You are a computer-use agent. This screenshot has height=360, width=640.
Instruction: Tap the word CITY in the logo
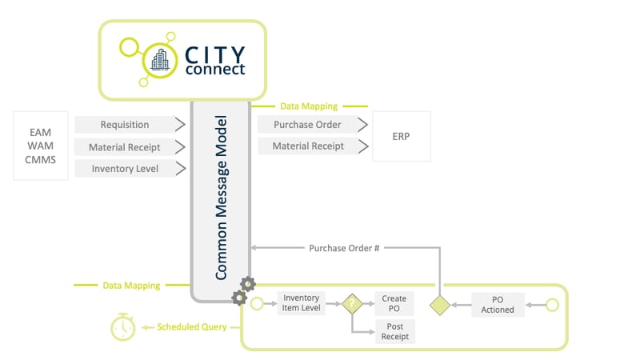click(x=214, y=54)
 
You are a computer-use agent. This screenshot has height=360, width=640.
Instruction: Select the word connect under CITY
click(x=214, y=70)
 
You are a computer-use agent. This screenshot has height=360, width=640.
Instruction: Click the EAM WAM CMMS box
click(x=42, y=146)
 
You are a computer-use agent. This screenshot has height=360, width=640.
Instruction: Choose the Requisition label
click(x=124, y=125)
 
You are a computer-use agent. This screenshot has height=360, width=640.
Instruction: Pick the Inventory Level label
click(x=124, y=169)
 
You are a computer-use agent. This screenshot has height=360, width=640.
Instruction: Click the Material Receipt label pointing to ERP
click(x=308, y=146)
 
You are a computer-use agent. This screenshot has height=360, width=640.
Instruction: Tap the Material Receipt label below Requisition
click(x=124, y=147)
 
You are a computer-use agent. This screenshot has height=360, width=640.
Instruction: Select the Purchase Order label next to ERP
click(x=308, y=125)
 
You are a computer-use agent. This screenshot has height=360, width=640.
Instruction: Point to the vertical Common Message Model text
click(x=221, y=198)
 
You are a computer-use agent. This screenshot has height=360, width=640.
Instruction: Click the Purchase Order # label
click(x=344, y=248)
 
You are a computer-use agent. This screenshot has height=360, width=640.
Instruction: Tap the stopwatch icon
click(x=122, y=326)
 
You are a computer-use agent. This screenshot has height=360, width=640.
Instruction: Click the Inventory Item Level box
click(x=302, y=304)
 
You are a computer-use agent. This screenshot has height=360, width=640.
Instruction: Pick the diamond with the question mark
click(x=352, y=304)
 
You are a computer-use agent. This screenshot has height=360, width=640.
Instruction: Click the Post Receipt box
click(x=394, y=331)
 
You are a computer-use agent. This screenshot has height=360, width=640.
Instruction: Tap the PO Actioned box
click(x=498, y=304)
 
